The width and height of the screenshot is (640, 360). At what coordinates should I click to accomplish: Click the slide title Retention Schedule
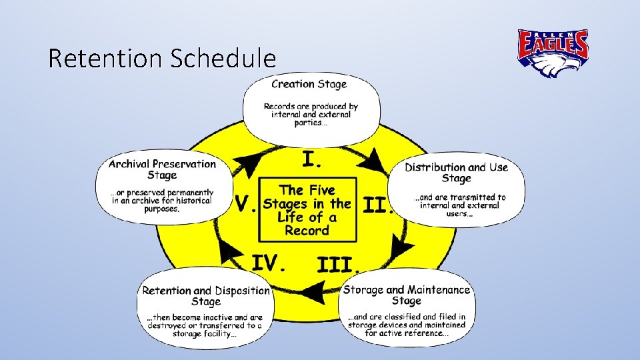pos(162,59)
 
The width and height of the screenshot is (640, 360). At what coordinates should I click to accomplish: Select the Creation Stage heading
pos(309,84)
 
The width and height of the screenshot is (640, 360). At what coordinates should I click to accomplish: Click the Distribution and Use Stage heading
pos(457,172)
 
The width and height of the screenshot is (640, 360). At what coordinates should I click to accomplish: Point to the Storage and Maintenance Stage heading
pos(407,295)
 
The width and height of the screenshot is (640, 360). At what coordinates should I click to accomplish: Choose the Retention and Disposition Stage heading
pos(206,296)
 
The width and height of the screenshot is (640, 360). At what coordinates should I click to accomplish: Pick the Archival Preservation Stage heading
pos(162,169)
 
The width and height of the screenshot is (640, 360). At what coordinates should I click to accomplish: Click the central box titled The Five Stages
pos(307,209)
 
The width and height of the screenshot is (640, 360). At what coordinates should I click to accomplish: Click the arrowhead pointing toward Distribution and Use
pos(375,161)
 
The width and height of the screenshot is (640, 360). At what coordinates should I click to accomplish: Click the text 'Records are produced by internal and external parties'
pos(311,114)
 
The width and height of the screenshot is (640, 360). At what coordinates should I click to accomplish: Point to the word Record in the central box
pos(307,231)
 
